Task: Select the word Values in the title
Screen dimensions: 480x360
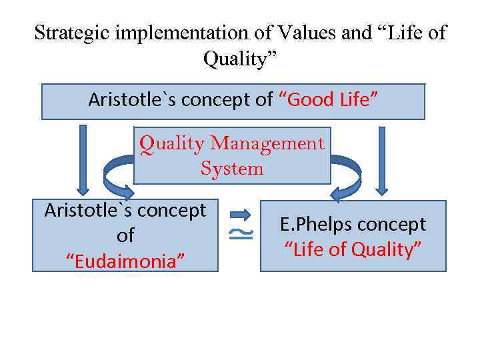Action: [x=300, y=33]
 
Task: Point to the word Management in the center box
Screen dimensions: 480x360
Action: [x=267, y=143]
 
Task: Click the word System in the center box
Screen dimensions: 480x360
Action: [x=232, y=168]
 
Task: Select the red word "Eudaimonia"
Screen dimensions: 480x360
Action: [x=125, y=259]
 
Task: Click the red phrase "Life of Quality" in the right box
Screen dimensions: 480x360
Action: [x=353, y=250]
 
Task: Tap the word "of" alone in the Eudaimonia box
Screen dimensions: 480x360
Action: [x=125, y=235]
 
